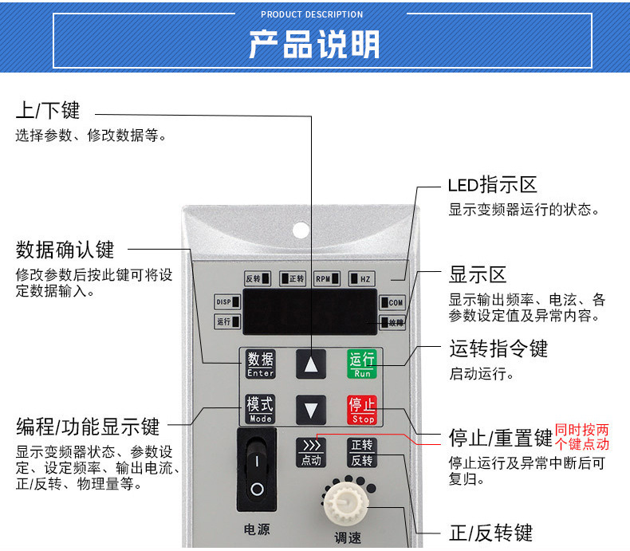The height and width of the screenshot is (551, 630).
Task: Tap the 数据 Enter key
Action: pos(260,364)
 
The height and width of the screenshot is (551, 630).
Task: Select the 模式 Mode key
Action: pos(260,409)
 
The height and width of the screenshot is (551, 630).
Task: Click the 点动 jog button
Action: pos(311,452)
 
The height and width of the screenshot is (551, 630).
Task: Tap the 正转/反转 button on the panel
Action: pos(361,452)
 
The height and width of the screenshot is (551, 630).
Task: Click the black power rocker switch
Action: pos(256,469)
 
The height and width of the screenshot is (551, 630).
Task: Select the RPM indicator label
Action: pos(327,279)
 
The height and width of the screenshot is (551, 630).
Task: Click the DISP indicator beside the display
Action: pos(228,302)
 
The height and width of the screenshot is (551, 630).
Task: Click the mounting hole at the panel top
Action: pos(300,230)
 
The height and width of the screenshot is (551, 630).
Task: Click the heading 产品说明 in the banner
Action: pos(314,45)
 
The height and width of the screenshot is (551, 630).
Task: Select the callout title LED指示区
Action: pos(491,185)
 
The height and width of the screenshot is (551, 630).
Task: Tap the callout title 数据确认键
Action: pos(65,250)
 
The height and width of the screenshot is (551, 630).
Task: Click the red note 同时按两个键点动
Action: pos(582,437)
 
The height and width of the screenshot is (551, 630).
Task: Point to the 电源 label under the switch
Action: pos(256,529)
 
